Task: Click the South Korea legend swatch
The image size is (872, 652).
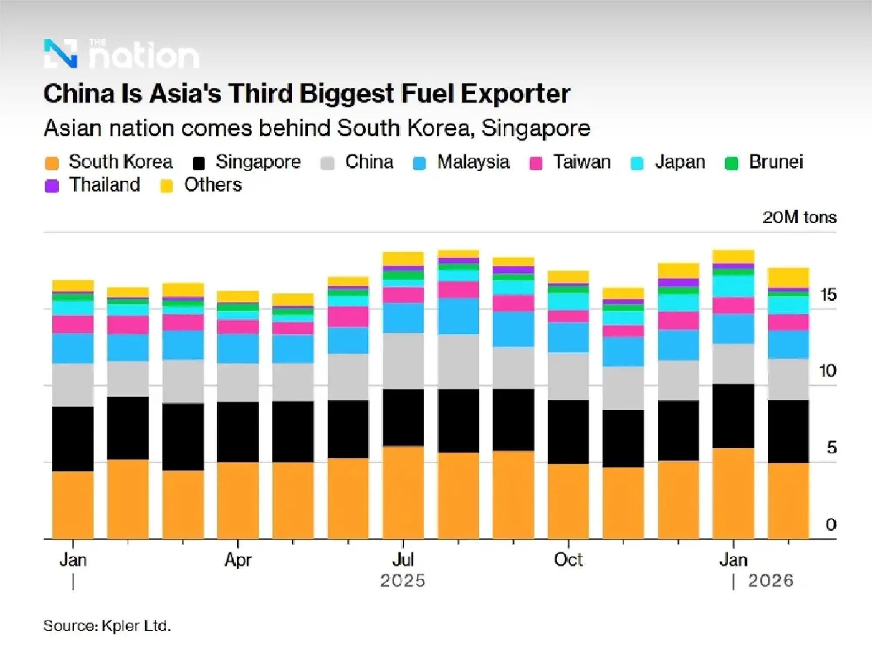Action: [52, 163]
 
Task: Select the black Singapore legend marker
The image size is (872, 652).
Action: [199, 163]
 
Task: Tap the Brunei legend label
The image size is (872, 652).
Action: [776, 162]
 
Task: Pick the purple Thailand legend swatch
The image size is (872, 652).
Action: [52, 186]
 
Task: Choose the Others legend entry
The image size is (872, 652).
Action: [212, 185]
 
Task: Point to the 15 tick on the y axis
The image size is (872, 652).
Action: [828, 295]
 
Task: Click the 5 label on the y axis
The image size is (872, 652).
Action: [831, 448]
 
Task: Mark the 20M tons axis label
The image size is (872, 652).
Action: [799, 217]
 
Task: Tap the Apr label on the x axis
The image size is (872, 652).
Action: [238, 560]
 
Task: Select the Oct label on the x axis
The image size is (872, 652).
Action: [568, 560]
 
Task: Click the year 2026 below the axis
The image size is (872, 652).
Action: [770, 581]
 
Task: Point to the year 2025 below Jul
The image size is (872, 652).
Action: [402, 581]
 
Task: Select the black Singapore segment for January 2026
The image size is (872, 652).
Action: [733, 416]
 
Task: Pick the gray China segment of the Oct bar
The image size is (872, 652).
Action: [568, 376]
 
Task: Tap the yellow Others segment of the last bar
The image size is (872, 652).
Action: [788, 278]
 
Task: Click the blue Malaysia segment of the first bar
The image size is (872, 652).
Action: [73, 348]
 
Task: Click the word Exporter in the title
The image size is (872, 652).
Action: [515, 94]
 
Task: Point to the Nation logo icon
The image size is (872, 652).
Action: [61, 54]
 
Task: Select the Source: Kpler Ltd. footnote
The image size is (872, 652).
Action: [107, 626]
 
